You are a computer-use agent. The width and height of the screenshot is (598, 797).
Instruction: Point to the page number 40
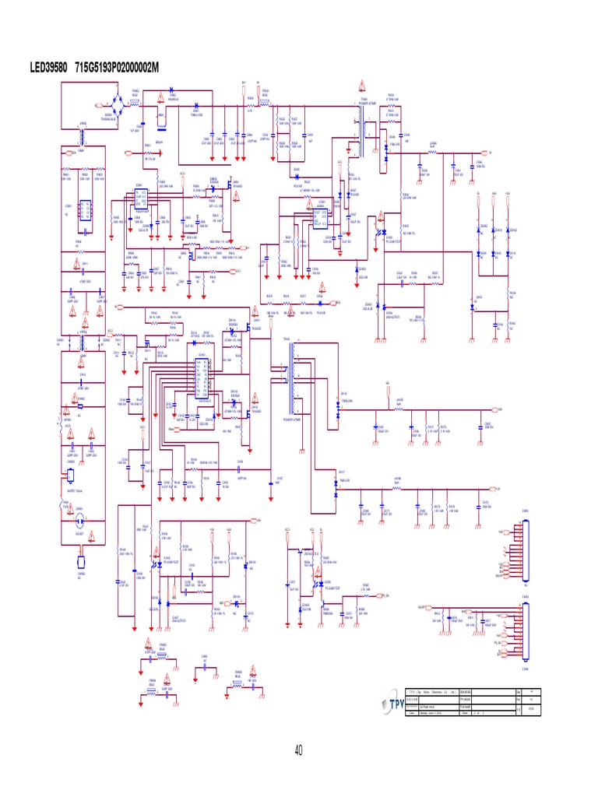click(x=299, y=750)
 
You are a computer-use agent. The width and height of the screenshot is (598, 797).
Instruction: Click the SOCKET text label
click(x=79, y=534)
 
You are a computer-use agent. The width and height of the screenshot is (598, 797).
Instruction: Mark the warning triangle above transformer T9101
click(x=361, y=86)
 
